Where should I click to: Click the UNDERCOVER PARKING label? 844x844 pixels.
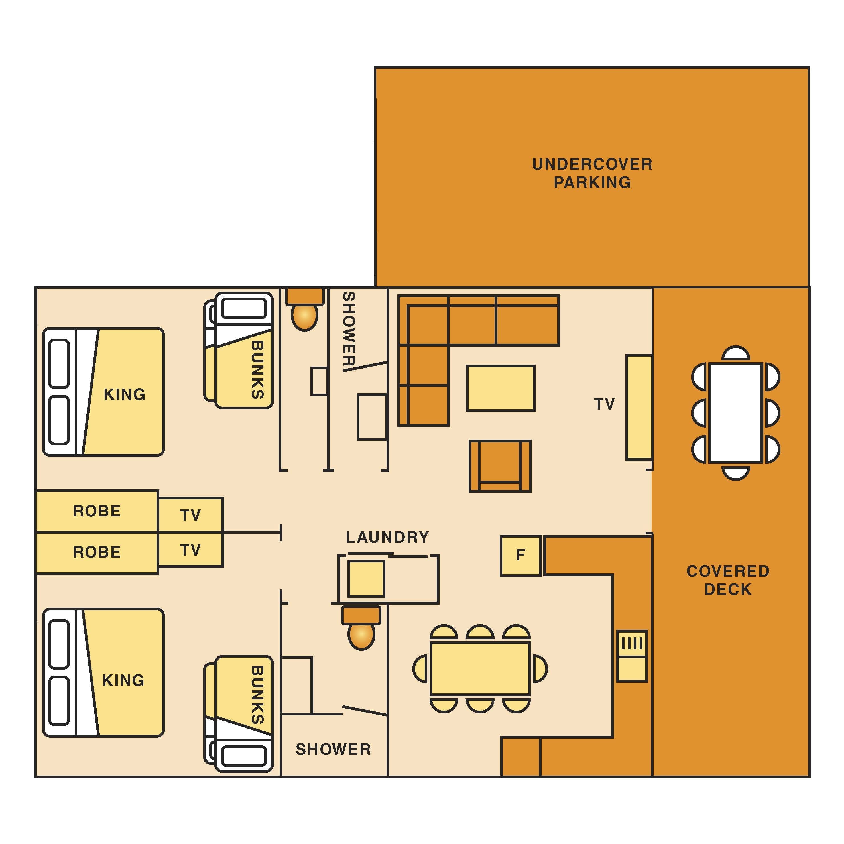click(592, 173)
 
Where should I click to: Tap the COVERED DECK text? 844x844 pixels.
click(728, 580)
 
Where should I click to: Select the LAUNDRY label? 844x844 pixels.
click(387, 537)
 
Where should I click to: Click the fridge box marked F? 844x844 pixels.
click(520, 556)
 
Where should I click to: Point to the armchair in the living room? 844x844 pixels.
click(500, 466)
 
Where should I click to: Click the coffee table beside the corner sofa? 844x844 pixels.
click(501, 388)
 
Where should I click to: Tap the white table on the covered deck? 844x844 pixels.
click(736, 413)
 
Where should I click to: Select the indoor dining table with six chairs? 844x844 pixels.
click(480, 668)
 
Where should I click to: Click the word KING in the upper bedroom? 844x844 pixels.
click(125, 394)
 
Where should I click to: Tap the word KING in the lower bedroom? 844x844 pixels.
click(123, 680)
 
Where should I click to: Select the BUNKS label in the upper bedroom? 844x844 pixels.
click(257, 370)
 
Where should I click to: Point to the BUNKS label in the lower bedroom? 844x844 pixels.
click(257, 695)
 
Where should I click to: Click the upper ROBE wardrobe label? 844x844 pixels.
click(97, 511)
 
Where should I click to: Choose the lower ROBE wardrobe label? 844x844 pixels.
click(97, 552)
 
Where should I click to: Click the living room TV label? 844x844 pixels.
click(605, 404)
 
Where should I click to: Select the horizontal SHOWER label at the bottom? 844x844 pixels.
click(333, 750)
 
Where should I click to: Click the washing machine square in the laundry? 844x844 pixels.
click(366, 579)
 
